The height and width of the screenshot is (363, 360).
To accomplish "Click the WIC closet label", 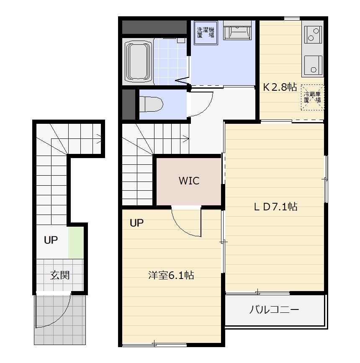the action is tap(189, 181).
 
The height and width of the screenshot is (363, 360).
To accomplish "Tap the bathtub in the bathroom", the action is tap(138, 62).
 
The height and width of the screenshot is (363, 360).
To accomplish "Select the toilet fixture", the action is tap(151, 104).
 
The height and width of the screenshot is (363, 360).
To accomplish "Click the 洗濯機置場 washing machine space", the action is tap(206, 33).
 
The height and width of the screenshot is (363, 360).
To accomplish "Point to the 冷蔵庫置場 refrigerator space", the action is tap(312, 97).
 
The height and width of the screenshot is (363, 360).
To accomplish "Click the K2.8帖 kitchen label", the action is tap(280, 87).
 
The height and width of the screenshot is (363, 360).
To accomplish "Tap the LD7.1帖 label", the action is tap(276, 207).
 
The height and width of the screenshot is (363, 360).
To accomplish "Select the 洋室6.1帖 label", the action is tap(171, 275).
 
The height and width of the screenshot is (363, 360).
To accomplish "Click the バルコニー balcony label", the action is tap(274, 309).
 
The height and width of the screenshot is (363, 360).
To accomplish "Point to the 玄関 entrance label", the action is tap(60, 275).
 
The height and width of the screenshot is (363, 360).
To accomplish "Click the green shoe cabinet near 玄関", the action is tap(76, 243).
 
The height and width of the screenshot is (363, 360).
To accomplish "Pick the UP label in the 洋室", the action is tap(136, 223).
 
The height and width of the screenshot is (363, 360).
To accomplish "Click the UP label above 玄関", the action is tap(51, 240).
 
